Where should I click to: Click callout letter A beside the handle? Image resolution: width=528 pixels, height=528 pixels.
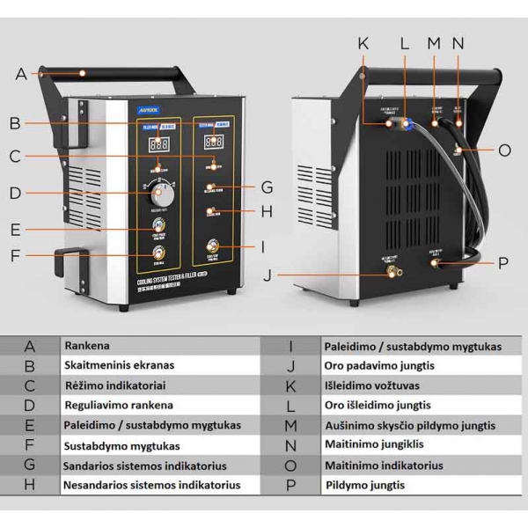[x=21, y=75]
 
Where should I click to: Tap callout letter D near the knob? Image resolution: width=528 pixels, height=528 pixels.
[x=15, y=193]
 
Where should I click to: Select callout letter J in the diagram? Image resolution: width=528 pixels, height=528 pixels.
[x=268, y=274]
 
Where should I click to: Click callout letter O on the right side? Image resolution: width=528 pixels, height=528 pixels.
[x=503, y=150]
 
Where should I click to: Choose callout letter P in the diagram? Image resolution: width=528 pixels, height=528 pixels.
[x=503, y=262]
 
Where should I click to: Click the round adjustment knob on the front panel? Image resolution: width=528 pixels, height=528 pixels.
[x=162, y=192]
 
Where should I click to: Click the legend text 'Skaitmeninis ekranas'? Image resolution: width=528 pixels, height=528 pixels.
[x=119, y=366]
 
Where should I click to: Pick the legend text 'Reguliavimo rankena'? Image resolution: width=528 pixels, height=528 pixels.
[x=119, y=406]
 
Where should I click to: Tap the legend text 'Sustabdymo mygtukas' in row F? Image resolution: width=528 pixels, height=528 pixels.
[x=121, y=445]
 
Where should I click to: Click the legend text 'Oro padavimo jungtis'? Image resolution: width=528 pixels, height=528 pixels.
[x=378, y=366]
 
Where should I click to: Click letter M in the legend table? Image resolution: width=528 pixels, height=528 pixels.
[x=291, y=426]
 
